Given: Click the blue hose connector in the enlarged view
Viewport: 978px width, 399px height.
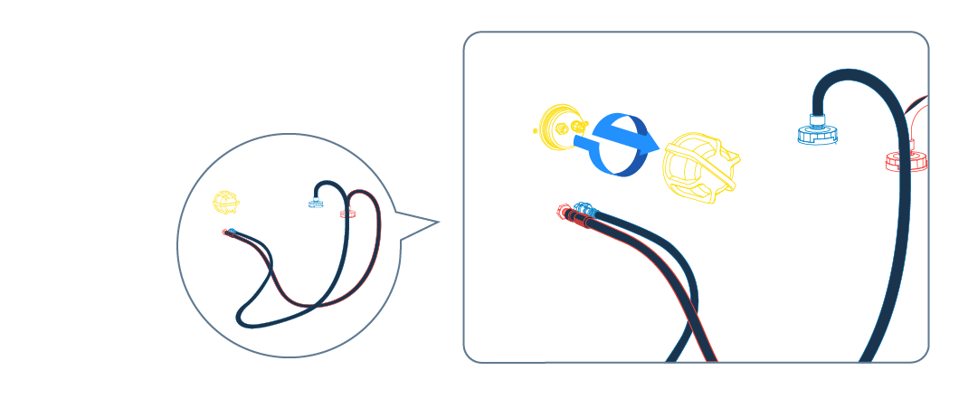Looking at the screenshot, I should point(817,134).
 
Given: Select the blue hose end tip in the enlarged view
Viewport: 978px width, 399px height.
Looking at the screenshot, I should point(584,209).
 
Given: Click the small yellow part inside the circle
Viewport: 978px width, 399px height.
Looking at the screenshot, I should point(225,201).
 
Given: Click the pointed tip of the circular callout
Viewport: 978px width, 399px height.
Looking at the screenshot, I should point(438,222).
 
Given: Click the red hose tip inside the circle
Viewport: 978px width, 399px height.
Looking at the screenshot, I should point(224,233).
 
